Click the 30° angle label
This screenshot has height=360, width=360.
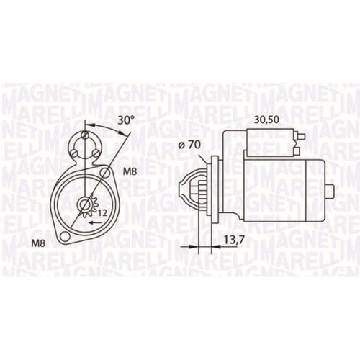tap(126, 121)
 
